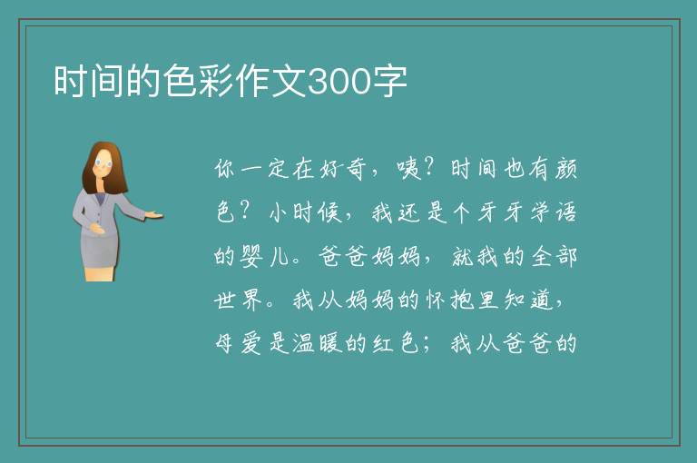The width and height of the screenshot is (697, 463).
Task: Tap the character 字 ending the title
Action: coord(390,82)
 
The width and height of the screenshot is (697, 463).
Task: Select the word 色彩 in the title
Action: coord(198,82)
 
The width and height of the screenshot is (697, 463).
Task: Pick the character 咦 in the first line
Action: coord(409,169)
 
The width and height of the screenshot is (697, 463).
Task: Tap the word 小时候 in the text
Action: coord(305,212)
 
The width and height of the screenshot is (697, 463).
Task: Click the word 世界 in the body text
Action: coord(238,300)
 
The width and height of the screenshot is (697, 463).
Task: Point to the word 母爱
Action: coord(238,343)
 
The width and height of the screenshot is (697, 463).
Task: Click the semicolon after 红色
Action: coord(427,345)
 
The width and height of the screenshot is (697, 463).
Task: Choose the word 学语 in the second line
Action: coord(554,212)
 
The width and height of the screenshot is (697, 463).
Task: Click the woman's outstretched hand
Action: coord(153,215)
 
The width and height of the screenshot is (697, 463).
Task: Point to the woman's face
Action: coord(103,163)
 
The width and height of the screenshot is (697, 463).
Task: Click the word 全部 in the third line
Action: coord(554,256)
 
